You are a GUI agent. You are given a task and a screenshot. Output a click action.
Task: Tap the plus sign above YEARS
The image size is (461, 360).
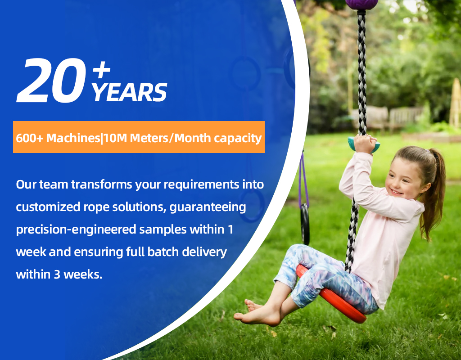pos(101,70)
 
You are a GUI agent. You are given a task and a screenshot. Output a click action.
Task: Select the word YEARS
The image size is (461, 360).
pos(129,92)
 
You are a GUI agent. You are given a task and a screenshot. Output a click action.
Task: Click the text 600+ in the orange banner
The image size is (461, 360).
pos(29,138)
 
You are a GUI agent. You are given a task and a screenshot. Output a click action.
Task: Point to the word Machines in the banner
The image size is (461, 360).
pos(73,138)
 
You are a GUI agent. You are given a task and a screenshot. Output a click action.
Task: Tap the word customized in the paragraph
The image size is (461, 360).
pos(48,207)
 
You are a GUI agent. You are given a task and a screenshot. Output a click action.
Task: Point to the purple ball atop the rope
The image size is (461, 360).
pos(362,4)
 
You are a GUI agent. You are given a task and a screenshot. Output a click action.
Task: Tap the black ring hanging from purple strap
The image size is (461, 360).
pos(305,223)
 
